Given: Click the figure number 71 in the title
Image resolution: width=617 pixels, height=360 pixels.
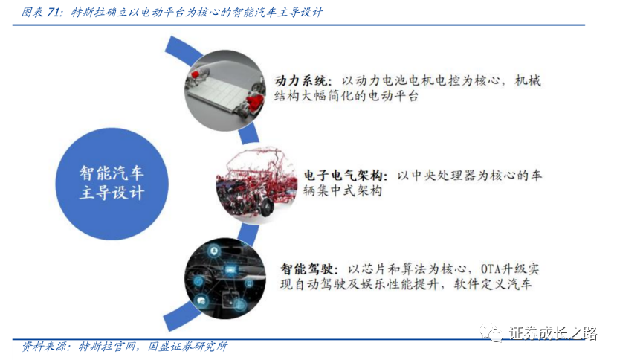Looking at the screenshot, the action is (54, 12).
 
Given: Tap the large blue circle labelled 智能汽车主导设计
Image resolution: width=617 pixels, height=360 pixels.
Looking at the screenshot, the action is (112, 184).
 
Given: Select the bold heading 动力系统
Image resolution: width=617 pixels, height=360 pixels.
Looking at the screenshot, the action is (300, 81).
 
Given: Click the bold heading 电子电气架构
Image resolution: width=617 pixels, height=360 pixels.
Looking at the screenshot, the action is (343, 176).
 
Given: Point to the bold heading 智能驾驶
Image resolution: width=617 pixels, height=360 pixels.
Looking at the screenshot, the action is (306, 269).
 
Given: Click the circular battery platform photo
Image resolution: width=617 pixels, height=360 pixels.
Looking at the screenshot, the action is (225, 91).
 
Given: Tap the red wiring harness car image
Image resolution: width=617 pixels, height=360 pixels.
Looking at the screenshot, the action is (256, 185).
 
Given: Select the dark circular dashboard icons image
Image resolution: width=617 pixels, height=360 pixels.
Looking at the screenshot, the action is (225, 278).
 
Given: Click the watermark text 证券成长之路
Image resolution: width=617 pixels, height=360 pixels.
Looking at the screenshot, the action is (554, 333).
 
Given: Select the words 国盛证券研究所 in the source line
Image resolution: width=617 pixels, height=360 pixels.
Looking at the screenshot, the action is (187, 347).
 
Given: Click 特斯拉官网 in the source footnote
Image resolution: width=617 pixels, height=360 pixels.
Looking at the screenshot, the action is (108, 347).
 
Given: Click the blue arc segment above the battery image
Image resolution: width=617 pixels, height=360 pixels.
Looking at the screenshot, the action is (183, 50).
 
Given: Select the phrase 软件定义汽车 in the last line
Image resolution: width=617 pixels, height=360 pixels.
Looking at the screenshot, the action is (493, 284).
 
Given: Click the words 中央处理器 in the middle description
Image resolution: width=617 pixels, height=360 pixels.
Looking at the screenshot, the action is (444, 176).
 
